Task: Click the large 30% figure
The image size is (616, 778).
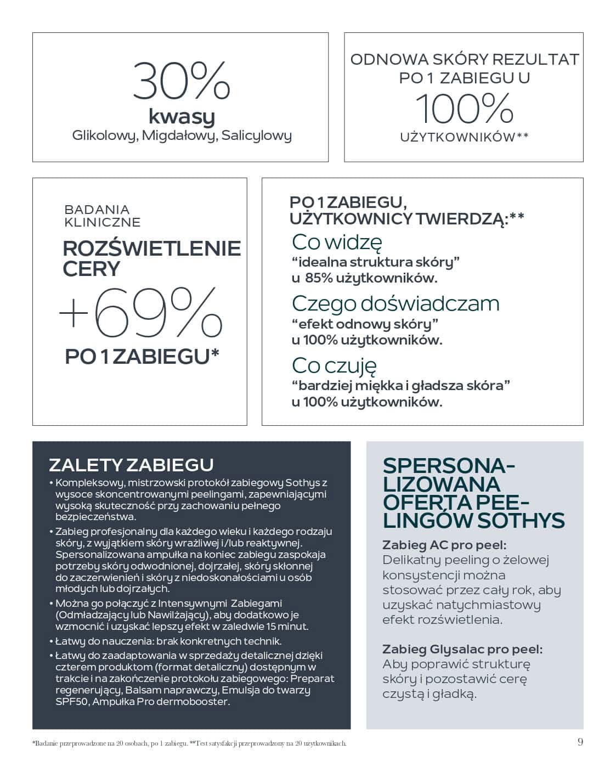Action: (181, 81)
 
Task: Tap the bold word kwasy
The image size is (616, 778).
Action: (181, 116)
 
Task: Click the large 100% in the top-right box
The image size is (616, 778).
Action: (464, 108)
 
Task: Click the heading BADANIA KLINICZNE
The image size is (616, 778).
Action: (102, 216)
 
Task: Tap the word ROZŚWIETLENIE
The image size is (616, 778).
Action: (152, 249)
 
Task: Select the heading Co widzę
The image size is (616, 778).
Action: (337, 241)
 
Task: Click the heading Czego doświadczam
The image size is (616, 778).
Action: (395, 303)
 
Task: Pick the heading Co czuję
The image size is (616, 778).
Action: (334, 365)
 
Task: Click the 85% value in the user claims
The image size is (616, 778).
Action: (319, 278)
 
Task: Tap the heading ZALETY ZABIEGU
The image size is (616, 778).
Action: (131, 465)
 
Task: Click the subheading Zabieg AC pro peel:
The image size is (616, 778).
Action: (444, 545)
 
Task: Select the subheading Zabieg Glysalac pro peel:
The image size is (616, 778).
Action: (462, 649)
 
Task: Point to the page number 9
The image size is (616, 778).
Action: (580, 742)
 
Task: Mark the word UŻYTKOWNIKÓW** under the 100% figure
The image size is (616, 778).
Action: (464, 137)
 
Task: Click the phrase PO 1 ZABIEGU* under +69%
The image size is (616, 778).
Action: (142, 357)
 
